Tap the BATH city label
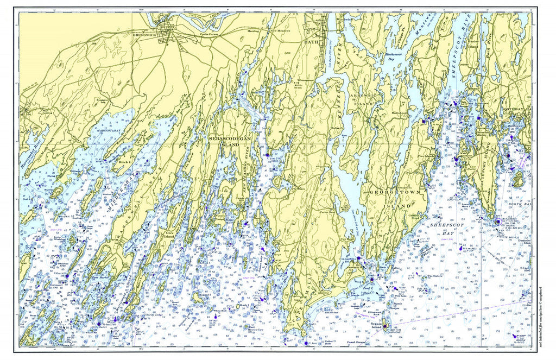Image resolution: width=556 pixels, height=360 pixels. (x=309, y=42)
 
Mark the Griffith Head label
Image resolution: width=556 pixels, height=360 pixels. (x=415, y=216)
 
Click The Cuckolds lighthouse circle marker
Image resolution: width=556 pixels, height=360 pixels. (x=498, y=222)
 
